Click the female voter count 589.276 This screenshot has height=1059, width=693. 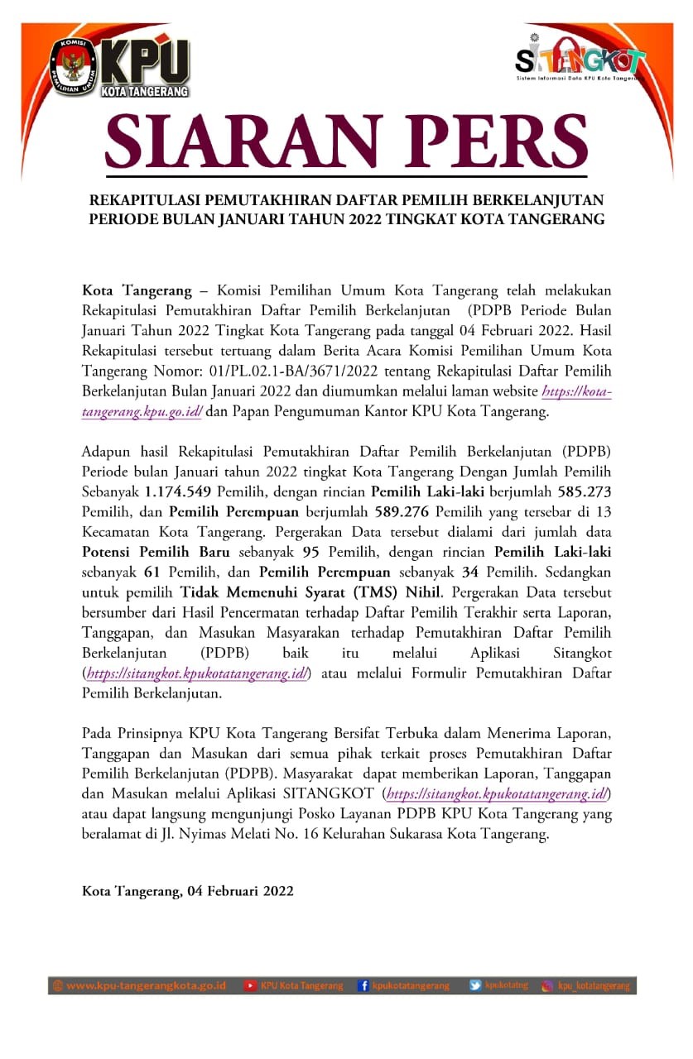pyautogui.click(x=404, y=510)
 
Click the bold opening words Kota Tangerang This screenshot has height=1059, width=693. pyautogui.click(x=137, y=290)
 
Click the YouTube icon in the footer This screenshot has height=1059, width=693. pyautogui.click(x=250, y=985)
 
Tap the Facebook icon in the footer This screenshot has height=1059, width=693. pyautogui.click(x=363, y=985)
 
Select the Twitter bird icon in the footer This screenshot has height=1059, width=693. pyautogui.click(x=475, y=985)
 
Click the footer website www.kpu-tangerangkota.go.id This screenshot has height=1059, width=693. pyautogui.click(x=146, y=985)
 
